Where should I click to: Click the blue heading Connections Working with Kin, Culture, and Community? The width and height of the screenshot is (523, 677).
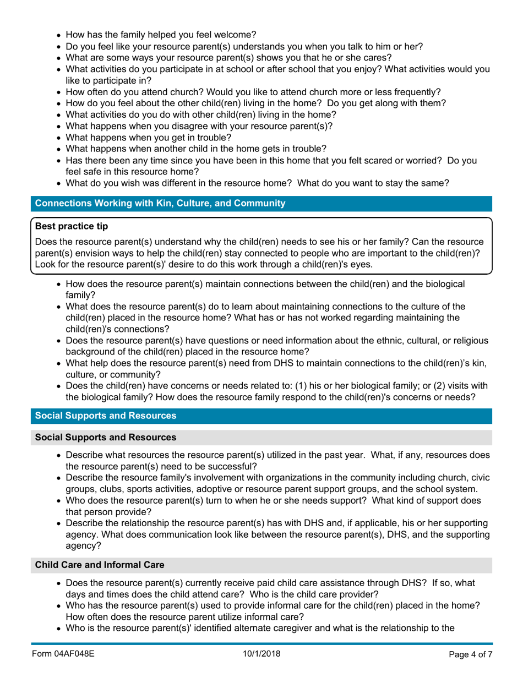coord(160,204)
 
